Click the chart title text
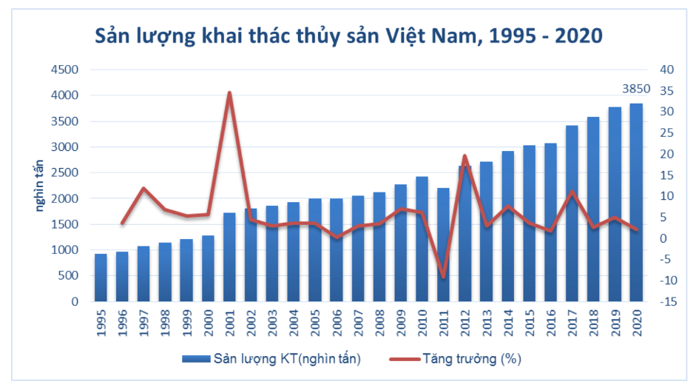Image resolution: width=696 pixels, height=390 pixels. tap(348, 36)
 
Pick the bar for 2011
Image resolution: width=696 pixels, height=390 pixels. tap(443, 244)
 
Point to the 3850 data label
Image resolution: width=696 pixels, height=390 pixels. tap(636, 89)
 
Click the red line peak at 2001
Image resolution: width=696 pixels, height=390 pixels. tap(229, 93)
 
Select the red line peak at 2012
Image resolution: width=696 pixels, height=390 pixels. tap(464, 155)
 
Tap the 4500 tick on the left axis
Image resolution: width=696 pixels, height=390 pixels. tap(64, 70)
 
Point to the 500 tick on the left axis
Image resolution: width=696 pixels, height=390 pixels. tap(67, 276)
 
